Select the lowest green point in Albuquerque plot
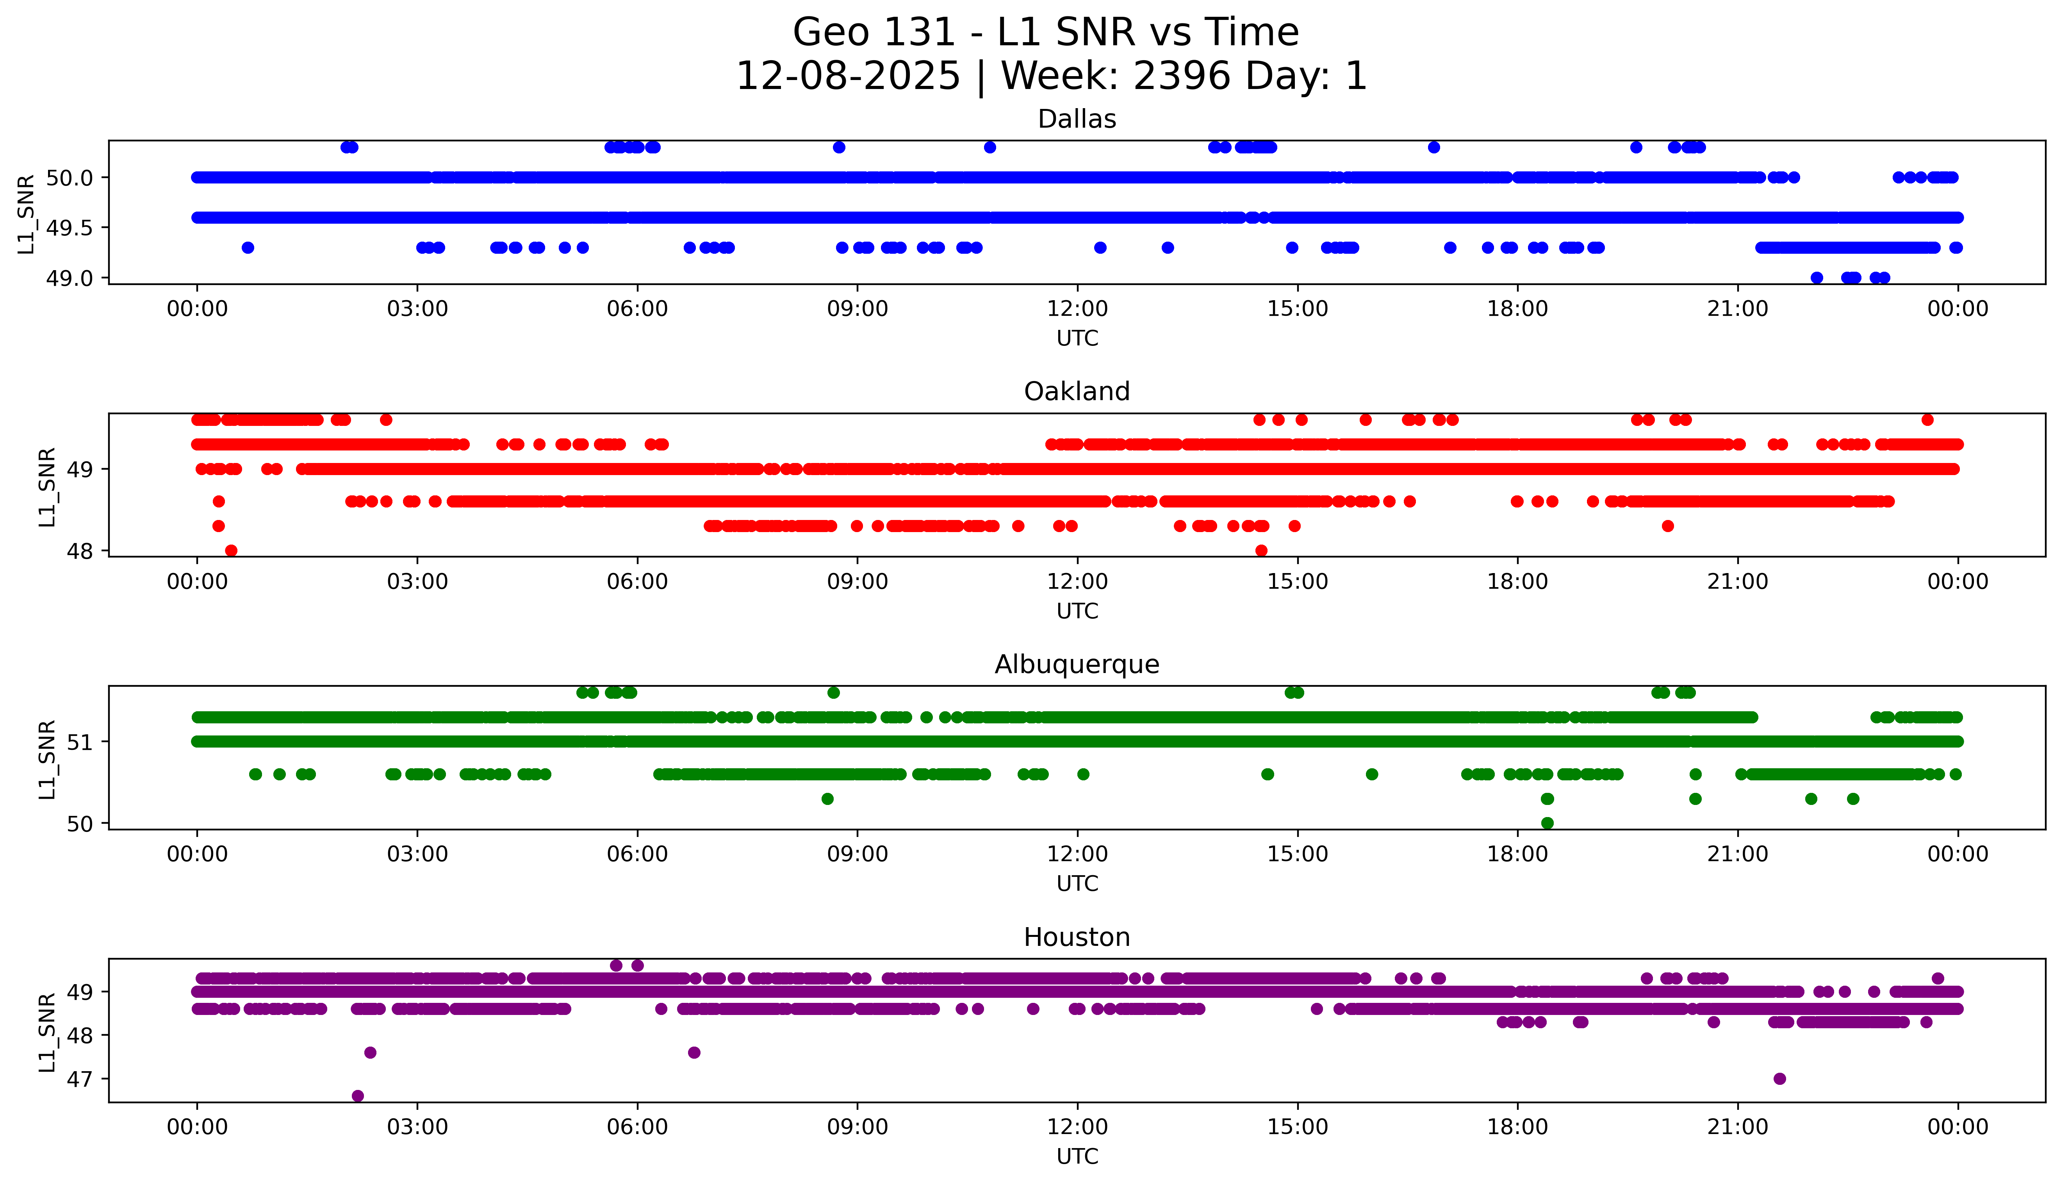tap(1547, 823)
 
